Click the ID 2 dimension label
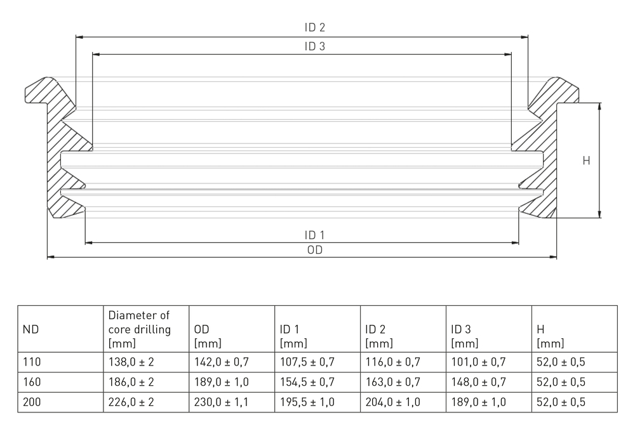[315, 28]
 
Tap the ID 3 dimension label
[315, 46]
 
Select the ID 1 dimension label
[315, 235]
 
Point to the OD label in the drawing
[315, 250]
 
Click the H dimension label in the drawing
[586, 161]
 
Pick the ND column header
[31, 329]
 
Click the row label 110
[31, 362]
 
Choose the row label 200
[31, 402]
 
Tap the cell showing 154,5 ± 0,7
[307, 383]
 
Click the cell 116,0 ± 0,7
[393, 362]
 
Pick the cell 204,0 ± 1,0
[393, 402]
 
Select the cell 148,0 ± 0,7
[479, 383]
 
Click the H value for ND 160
[561, 383]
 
